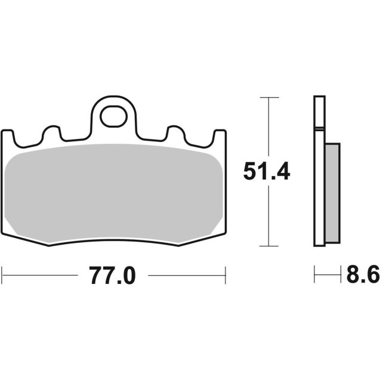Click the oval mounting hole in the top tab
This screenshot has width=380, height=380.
coord(113,117)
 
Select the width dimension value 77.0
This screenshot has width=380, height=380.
coord(113,276)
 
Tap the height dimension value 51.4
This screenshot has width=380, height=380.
coord(266,172)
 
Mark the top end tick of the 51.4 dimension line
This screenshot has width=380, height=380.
coord(270,97)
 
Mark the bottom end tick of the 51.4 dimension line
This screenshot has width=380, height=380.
coord(270,246)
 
